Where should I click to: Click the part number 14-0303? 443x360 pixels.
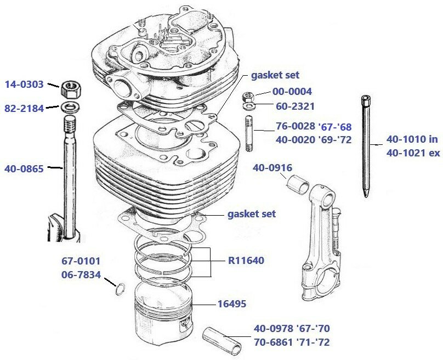[x=24, y=85]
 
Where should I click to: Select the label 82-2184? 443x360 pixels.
[x=24, y=108]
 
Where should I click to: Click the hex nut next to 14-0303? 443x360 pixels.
[x=69, y=86]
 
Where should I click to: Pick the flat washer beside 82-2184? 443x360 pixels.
[x=69, y=106]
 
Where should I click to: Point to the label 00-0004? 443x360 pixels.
[x=292, y=91]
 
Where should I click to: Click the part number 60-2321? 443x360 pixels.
[x=292, y=105]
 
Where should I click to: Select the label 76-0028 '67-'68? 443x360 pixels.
[x=313, y=127]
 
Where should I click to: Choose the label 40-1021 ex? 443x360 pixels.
[x=413, y=154]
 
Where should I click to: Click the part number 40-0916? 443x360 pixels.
[x=272, y=168]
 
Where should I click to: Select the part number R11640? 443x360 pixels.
[x=246, y=261]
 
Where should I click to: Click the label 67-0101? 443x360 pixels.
[x=81, y=262]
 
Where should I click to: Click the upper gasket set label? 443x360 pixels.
[x=275, y=75]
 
